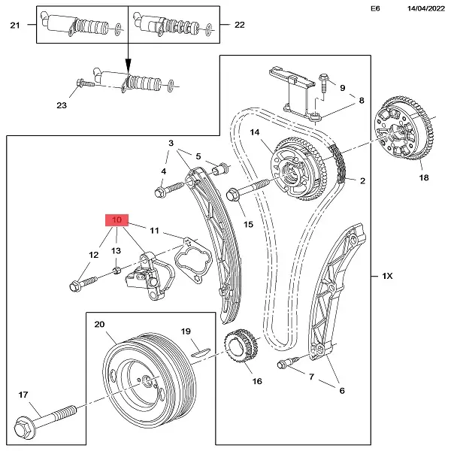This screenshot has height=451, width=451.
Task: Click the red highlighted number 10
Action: pyautogui.click(x=117, y=219)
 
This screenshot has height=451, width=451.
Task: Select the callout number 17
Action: pyautogui.click(x=23, y=394)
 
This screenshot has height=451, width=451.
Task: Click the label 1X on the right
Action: pyautogui.click(x=388, y=277)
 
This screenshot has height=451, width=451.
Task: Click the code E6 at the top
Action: pyautogui.click(x=376, y=9)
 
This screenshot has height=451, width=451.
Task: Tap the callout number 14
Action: pyautogui.click(x=255, y=133)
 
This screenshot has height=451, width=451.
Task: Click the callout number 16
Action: pyautogui.click(x=256, y=381)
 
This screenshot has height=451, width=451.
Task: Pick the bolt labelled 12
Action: pyautogui.click(x=83, y=283)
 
